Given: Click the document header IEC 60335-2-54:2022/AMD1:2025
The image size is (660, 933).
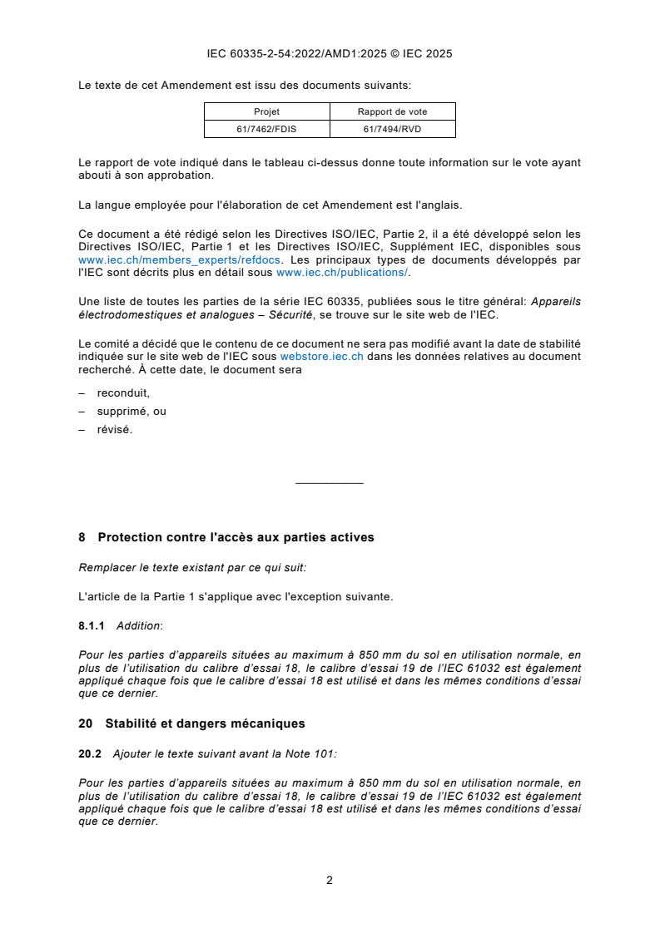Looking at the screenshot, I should (x=329, y=54).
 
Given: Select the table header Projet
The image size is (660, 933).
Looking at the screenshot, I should (x=266, y=111).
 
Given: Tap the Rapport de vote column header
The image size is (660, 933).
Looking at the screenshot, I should (x=392, y=111).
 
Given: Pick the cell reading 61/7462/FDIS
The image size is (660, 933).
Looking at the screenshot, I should (x=266, y=129).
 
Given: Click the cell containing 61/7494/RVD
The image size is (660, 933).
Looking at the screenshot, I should (x=392, y=129).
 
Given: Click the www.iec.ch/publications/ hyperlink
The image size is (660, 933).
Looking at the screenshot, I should (x=342, y=272).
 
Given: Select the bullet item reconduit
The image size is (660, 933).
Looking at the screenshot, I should (x=123, y=393).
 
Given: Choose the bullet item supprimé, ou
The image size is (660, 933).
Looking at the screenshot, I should (x=132, y=412).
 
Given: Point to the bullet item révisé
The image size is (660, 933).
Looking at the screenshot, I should (x=114, y=430).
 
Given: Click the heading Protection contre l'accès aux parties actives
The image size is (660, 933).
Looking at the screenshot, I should (x=236, y=538).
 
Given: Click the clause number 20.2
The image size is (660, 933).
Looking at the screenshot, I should (x=89, y=753).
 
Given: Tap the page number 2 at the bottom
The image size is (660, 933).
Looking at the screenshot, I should (x=330, y=880).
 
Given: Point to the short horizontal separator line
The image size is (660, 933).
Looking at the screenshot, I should (x=330, y=483).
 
